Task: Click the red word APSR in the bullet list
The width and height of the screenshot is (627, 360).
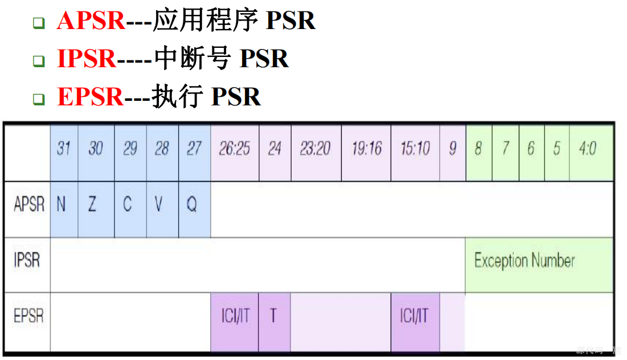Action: point(91,21)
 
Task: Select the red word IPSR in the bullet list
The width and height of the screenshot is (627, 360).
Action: point(87,59)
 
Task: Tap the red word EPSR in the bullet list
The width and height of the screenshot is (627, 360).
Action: point(90,97)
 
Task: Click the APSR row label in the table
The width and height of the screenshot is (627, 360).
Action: point(28,204)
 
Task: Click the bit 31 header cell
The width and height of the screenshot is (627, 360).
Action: point(64,149)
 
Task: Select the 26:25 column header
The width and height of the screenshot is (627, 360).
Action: point(235,149)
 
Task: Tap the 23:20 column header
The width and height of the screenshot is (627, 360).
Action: point(315,149)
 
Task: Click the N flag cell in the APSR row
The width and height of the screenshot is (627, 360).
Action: point(62,204)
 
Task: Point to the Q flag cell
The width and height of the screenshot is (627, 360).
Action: point(192,204)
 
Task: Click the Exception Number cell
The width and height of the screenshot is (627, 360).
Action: point(524,261)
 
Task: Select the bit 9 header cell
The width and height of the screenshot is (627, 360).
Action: point(452,149)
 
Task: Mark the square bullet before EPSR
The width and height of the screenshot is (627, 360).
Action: point(38,99)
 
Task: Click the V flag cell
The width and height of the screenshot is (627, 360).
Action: point(159,204)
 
